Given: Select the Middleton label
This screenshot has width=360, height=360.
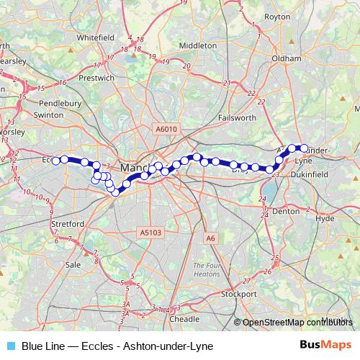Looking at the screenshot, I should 198,45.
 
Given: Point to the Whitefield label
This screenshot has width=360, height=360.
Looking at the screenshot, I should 96,36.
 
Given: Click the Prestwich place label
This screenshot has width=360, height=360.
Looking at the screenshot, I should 96,77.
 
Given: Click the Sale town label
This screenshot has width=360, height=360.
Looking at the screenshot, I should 73,264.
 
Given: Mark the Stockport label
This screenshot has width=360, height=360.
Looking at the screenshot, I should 239,294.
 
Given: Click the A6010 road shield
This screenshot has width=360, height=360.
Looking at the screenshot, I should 165,129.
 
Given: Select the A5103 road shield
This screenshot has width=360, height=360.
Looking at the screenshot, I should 150,232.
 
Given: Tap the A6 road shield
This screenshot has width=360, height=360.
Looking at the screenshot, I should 210,238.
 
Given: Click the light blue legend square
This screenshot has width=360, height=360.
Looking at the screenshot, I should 10,346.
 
